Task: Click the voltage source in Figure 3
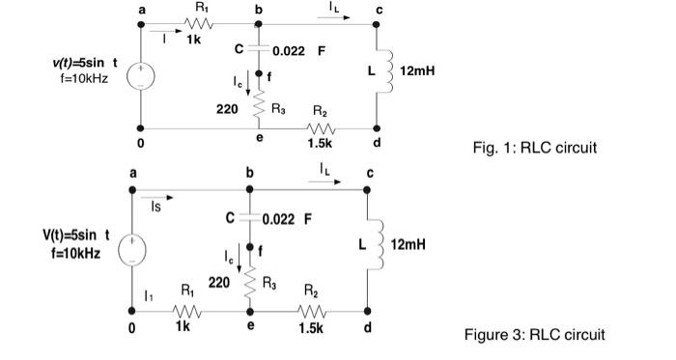click(x=132, y=247)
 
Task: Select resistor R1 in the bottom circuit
click(x=186, y=311)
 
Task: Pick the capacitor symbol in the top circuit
click(x=259, y=48)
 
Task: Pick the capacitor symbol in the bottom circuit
click(x=249, y=217)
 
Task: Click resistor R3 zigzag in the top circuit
click(x=259, y=109)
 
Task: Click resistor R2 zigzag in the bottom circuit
click(x=311, y=311)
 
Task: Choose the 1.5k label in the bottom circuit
click(x=311, y=328)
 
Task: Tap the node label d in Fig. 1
click(x=378, y=142)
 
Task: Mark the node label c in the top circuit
click(x=380, y=10)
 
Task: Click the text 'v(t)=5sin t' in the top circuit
click(x=81, y=63)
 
